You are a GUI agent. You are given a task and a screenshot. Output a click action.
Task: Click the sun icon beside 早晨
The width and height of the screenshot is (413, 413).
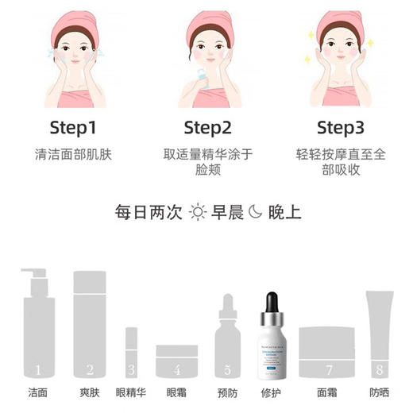(x=198, y=212)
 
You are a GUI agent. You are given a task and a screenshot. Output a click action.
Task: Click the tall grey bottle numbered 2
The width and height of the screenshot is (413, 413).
(x=90, y=326)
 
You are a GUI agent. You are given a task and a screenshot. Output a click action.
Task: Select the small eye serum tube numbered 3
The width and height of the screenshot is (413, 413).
(x=131, y=353)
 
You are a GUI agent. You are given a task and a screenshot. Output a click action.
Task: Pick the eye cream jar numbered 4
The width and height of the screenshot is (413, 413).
(x=177, y=361)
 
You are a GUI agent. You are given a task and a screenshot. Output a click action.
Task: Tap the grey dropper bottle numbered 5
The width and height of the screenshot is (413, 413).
(x=227, y=342)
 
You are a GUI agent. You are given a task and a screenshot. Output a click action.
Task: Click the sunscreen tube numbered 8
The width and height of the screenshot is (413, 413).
(x=379, y=334)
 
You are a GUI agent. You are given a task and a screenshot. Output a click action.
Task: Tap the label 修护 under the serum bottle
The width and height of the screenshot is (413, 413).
(x=272, y=393)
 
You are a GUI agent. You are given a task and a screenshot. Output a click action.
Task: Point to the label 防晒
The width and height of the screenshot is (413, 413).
(x=380, y=393)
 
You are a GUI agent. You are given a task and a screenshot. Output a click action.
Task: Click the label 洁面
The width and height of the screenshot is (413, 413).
(x=37, y=393)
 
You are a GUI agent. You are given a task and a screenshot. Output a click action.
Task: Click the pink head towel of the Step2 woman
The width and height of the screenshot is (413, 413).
(x=208, y=24)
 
